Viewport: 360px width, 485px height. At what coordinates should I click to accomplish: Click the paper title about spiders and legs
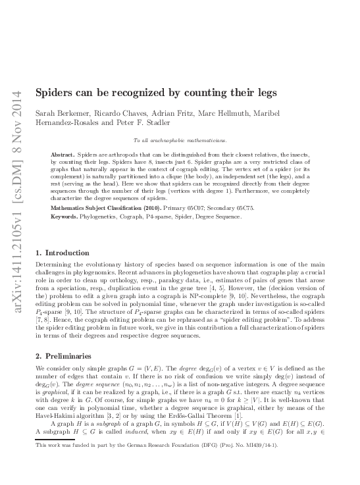pyautogui.click(x=155, y=93)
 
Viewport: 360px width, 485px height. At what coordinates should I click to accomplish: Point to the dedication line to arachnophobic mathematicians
pyautogui.click(x=180, y=140)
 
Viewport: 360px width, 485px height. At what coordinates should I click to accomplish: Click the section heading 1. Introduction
pyautogui.click(x=63, y=253)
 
